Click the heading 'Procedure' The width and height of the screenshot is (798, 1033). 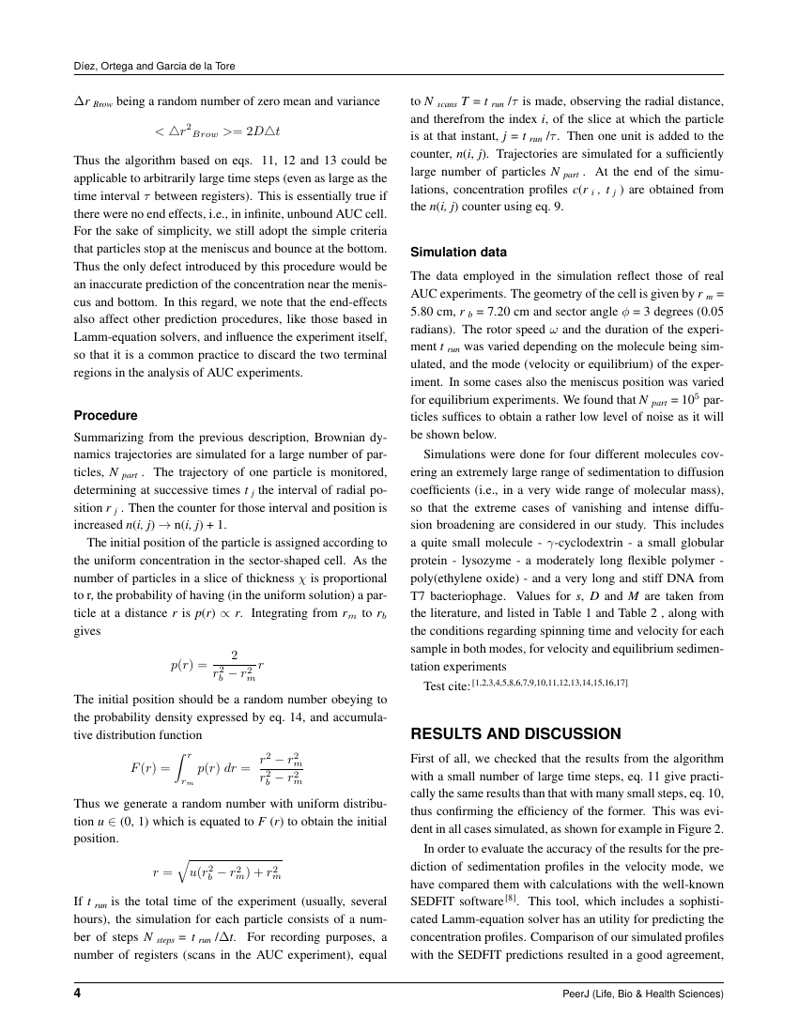105,415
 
